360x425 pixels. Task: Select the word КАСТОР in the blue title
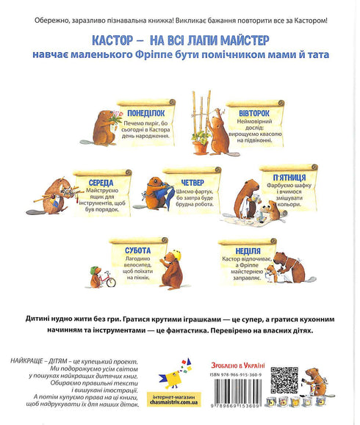coord(113,37)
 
